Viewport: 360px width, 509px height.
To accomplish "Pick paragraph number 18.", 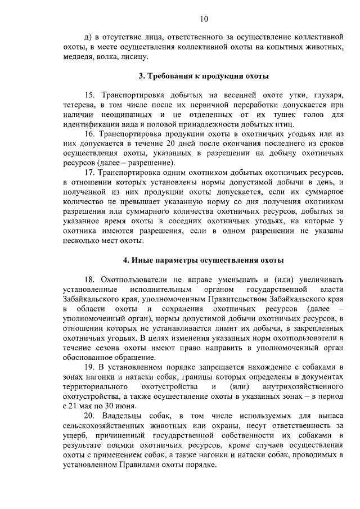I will (90, 279).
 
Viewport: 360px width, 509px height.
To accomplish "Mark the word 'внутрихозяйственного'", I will (304, 388).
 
